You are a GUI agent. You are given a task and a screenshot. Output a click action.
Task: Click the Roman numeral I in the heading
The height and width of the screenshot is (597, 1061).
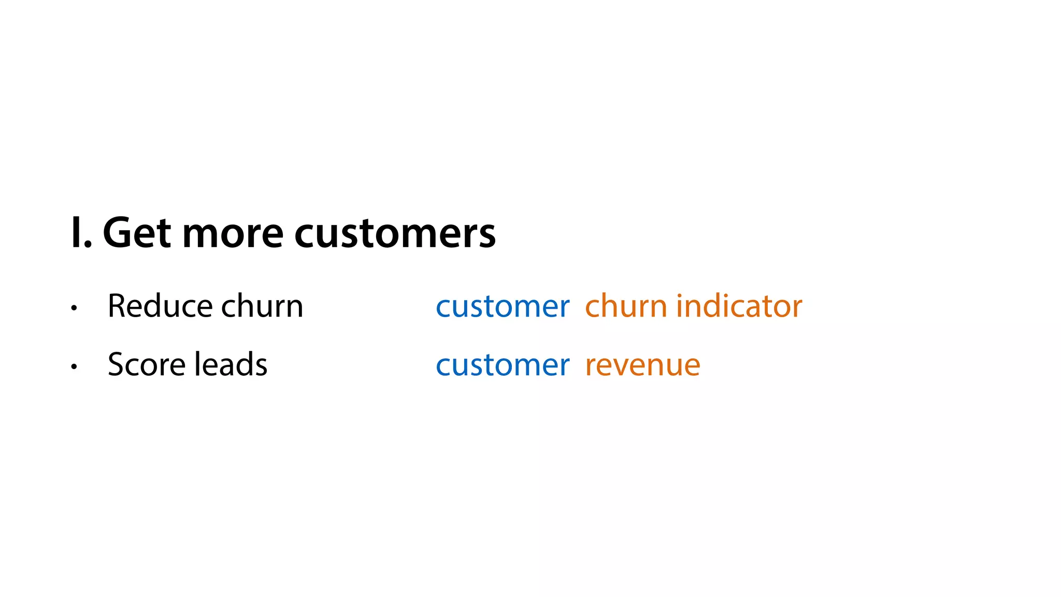(x=76, y=233)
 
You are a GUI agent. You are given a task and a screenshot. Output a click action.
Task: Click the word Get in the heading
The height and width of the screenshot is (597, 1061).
(x=137, y=233)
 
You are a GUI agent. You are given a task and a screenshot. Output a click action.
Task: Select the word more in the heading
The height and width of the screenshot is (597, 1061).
(x=233, y=234)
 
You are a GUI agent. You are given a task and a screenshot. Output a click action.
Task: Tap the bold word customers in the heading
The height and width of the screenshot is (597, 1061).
(x=395, y=234)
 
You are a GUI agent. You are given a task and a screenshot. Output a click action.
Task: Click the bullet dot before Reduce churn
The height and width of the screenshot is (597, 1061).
(x=74, y=308)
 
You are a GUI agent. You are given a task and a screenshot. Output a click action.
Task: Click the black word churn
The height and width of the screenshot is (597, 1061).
(x=262, y=306)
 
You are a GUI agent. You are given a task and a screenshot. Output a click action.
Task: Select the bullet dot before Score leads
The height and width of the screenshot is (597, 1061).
(x=74, y=366)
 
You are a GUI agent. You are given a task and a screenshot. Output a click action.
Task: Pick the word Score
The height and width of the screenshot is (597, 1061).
(x=146, y=364)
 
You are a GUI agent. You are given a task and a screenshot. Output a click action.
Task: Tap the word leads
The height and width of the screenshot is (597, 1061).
(x=231, y=364)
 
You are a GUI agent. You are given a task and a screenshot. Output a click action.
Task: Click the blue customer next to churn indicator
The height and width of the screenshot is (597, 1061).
(x=503, y=307)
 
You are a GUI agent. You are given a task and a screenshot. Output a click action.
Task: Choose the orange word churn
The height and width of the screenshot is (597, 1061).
(x=626, y=306)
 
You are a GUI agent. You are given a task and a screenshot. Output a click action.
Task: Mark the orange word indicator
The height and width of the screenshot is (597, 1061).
(x=739, y=306)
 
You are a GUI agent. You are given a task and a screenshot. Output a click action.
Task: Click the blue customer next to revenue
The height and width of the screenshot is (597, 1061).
(x=503, y=365)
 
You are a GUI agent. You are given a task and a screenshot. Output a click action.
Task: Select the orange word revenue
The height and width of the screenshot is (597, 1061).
(x=642, y=366)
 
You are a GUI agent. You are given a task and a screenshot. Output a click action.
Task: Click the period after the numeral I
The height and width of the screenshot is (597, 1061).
(x=88, y=246)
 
